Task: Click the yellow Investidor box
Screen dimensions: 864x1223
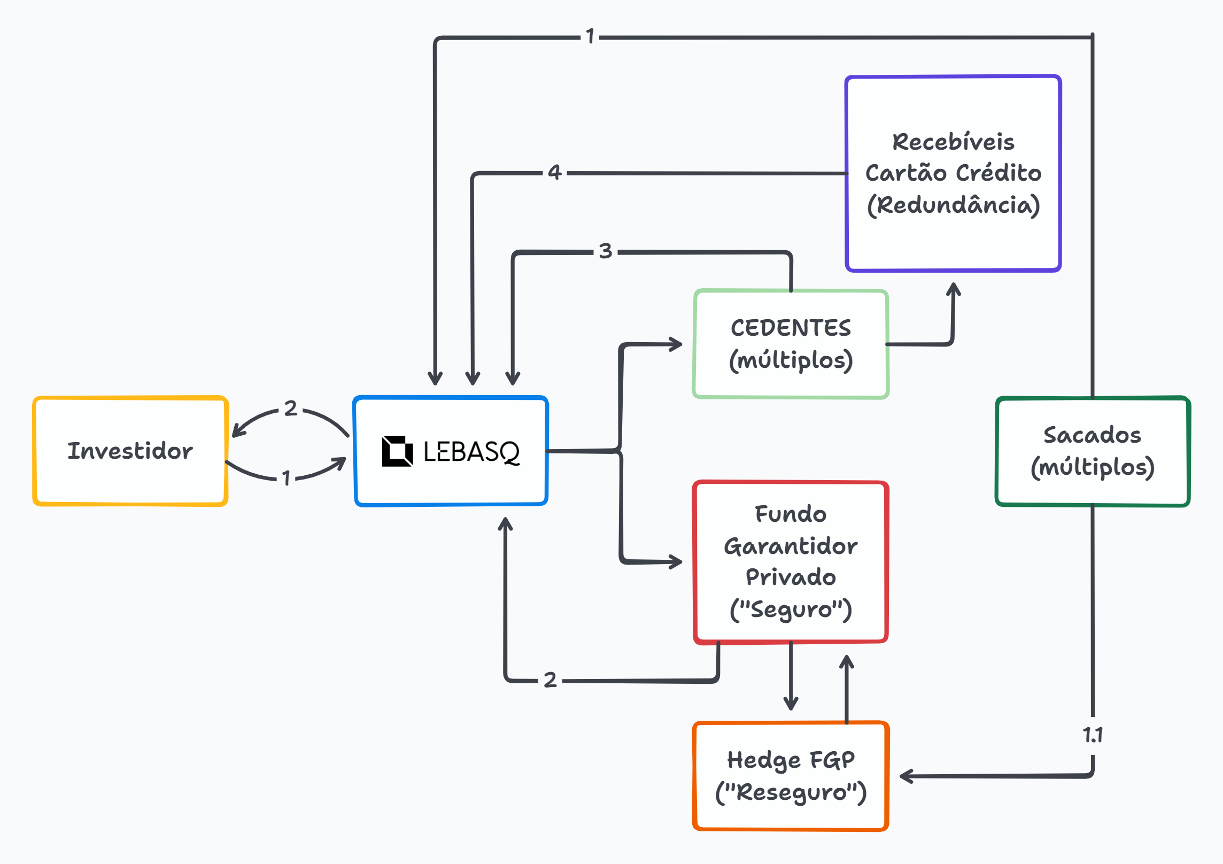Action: coord(130,451)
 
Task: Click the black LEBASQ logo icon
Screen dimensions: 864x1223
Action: coord(397,451)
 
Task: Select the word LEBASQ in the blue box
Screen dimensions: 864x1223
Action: coord(471,452)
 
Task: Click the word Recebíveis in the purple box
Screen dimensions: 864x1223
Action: coord(953,142)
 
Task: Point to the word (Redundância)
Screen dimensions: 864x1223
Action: coord(953,205)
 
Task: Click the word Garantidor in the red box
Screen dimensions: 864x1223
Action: coord(791,546)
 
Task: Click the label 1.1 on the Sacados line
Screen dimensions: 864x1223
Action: coord(1093,735)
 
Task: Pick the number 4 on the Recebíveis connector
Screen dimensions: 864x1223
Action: coord(555,172)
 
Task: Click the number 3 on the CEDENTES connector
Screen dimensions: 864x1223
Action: coord(605,251)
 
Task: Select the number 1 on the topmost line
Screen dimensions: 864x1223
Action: coord(590,36)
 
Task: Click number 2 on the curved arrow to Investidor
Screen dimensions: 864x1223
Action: coord(290,408)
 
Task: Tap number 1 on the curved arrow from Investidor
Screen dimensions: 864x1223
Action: coord(286,477)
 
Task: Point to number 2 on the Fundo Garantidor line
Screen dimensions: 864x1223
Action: coord(550,680)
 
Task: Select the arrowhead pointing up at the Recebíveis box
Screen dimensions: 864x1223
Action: coord(954,289)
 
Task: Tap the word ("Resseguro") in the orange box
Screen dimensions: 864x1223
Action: coord(791,792)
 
